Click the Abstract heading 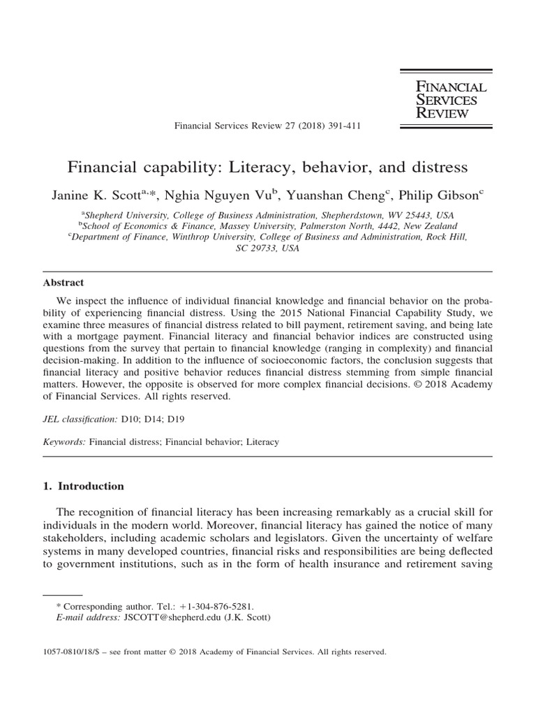[x=64, y=283]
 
